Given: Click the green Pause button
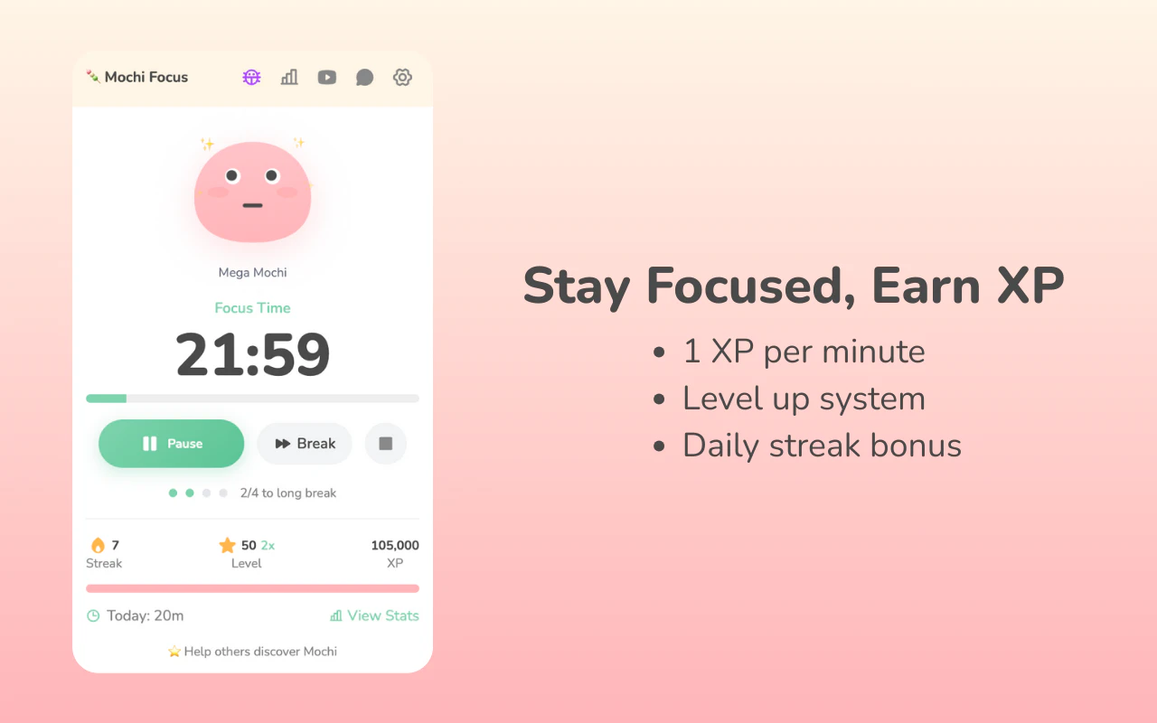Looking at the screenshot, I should (x=172, y=444).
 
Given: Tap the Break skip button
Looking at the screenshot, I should (x=305, y=444).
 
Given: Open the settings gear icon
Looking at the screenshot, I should (x=402, y=77).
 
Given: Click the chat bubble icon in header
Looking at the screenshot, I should (x=364, y=77).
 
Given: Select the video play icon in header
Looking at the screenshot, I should (x=327, y=77).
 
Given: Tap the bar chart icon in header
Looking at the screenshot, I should (x=289, y=77).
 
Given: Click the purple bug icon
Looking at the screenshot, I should (x=251, y=77).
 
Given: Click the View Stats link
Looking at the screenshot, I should (x=374, y=615).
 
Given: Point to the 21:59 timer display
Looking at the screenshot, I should (x=252, y=355).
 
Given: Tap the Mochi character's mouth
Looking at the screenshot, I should (x=252, y=205).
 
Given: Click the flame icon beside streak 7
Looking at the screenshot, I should (x=98, y=545).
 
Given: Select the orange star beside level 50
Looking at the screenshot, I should (x=227, y=545).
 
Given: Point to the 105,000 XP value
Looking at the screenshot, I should (x=395, y=545).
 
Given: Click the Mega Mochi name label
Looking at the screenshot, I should (x=252, y=272).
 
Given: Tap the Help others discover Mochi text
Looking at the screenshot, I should (x=252, y=652).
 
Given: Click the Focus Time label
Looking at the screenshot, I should (x=252, y=308).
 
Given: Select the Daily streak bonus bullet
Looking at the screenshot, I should (x=821, y=446).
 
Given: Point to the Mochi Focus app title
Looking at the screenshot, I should (x=146, y=77).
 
